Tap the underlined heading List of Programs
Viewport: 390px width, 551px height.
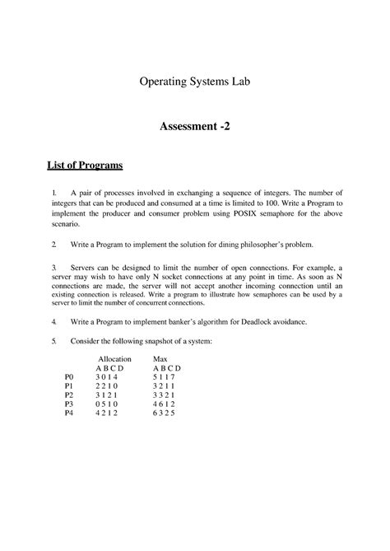[x=83, y=166]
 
